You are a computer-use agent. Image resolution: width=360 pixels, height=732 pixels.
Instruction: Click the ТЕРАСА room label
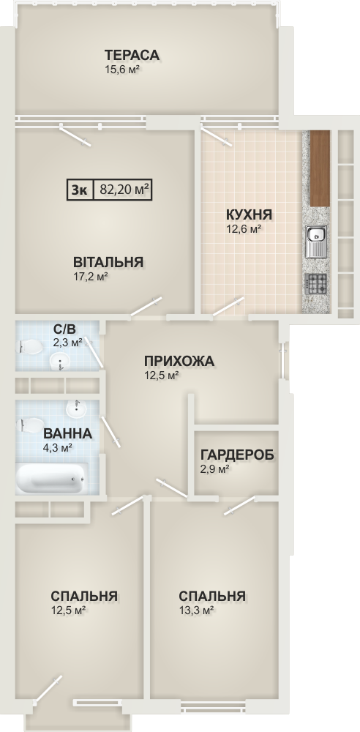point(132,55)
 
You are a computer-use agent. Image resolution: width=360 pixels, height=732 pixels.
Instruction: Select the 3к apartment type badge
point(79,190)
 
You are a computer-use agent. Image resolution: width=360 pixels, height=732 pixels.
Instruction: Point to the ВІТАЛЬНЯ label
point(108,262)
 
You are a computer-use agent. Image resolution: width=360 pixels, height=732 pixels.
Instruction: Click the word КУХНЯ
point(249,215)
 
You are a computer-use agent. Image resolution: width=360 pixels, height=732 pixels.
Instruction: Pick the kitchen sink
point(315,242)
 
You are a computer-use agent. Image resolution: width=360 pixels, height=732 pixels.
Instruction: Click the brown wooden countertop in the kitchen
point(320,168)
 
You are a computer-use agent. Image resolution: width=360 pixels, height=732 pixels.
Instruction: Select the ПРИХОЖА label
point(179,361)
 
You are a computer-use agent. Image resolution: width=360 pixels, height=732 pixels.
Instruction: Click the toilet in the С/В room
point(29,347)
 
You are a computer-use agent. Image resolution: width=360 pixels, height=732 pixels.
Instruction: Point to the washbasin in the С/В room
point(60,361)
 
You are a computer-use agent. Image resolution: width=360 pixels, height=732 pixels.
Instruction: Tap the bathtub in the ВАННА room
point(51,478)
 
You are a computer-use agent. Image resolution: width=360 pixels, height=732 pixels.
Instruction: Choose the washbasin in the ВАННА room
point(76,409)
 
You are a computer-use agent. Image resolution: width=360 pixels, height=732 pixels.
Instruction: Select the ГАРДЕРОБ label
point(237,455)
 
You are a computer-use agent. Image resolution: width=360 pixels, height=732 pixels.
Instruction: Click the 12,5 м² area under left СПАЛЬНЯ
point(68,610)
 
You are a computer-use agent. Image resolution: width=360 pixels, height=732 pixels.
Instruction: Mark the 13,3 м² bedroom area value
point(196,610)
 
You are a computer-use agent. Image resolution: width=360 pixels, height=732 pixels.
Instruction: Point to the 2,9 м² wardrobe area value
point(215,468)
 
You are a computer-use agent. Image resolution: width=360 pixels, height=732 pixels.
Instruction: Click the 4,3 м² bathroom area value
point(57,448)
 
